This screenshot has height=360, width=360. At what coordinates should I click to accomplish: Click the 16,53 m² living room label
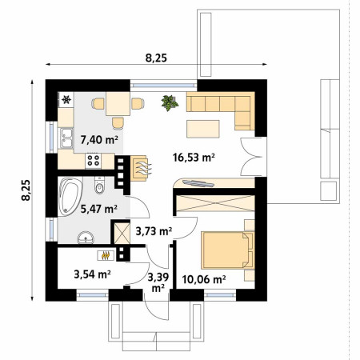pyautogui.click(x=194, y=158)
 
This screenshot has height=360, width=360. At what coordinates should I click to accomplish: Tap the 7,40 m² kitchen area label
pyautogui.click(x=99, y=139)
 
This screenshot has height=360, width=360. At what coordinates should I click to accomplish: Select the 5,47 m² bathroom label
pyautogui.click(x=99, y=209)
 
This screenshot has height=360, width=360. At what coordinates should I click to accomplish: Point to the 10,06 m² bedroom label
pyautogui.click(x=204, y=279)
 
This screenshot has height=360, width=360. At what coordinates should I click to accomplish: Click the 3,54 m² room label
pyautogui.click(x=92, y=274)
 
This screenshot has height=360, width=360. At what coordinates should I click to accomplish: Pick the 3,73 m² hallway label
pyautogui.click(x=154, y=231)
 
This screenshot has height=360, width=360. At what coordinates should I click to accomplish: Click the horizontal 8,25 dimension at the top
pyautogui.click(x=156, y=58)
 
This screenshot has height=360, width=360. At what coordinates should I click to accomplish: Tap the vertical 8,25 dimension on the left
pyautogui.click(x=26, y=190)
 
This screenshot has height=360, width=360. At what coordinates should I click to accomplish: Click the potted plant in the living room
pyautogui.click(x=170, y=102)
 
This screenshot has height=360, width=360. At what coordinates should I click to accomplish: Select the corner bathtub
pyautogui.click(x=70, y=196)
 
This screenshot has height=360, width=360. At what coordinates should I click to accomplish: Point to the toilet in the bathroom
pyautogui.click(x=100, y=186)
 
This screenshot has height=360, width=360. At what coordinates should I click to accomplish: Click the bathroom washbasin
pyautogui.click(x=86, y=238)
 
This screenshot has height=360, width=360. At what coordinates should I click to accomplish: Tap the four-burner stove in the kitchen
pyautogui.click(x=93, y=161)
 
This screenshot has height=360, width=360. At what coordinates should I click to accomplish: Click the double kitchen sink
pyautogui.click(x=66, y=138)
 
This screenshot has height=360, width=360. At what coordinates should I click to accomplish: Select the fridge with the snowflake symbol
pyautogui.click(x=66, y=100)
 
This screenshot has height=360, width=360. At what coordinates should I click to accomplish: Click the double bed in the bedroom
pyautogui.click(x=227, y=250)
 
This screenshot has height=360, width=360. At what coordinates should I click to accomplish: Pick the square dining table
pyautogui.click(x=118, y=104)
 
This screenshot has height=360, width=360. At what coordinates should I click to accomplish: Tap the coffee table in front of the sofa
pyautogui.click(x=203, y=129)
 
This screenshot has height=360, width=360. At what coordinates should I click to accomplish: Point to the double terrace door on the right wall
pyautogui.click(x=254, y=157)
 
